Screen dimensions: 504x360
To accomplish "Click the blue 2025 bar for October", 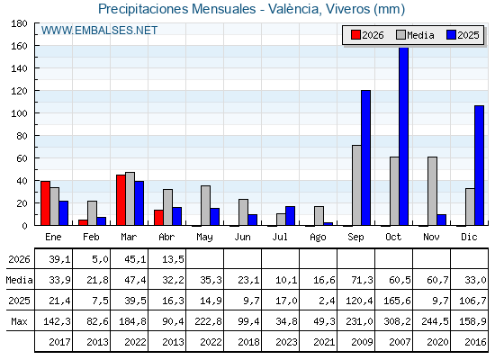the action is click(x=404, y=136).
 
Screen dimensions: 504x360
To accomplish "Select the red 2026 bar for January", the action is click(x=45, y=203).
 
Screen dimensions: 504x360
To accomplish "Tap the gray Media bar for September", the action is click(x=356, y=185).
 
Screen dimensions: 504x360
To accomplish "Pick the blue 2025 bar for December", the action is click(x=479, y=166).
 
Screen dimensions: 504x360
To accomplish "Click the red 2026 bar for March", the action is click(x=121, y=200).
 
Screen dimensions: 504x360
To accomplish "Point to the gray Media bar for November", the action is click(x=432, y=191).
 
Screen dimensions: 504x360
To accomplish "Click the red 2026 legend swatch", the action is click(x=355, y=35).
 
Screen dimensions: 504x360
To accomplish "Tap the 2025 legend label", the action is click(x=468, y=35).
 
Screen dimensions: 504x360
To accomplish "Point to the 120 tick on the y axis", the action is click(x=19, y=91).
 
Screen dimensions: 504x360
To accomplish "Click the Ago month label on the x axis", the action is click(x=318, y=238).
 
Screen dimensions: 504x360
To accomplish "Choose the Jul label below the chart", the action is click(x=280, y=237).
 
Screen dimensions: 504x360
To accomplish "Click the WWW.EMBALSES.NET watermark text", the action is click(x=99, y=31).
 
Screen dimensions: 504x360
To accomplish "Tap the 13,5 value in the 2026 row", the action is click(x=173, y=259).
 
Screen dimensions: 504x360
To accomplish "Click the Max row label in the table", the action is click(x=19, y=321).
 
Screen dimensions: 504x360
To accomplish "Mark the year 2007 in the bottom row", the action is click(x=400, y=342).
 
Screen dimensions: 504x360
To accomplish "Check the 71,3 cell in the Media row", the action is click(x=362, y=280).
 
